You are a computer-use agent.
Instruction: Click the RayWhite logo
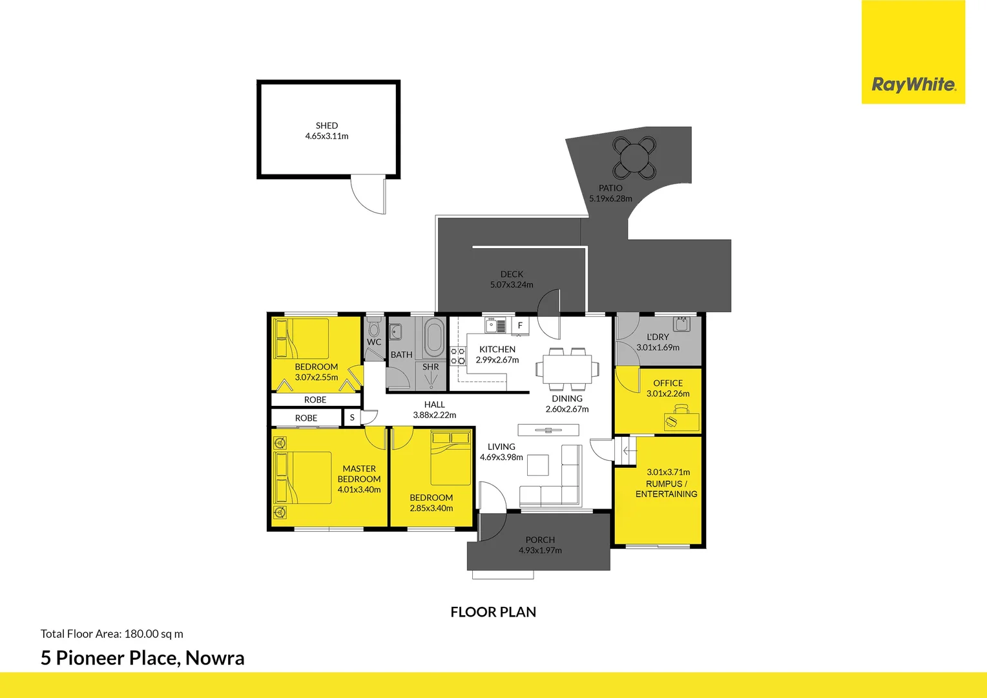pos(913,85)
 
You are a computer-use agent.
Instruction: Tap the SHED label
pos(327,125)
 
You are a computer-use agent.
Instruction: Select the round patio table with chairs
pos(634,157)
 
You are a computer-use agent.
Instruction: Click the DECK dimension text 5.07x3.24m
pos(512,285)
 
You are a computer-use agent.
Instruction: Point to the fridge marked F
pos(520,326)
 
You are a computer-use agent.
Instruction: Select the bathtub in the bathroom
pos(433,337)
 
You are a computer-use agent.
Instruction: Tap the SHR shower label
pos(431,367)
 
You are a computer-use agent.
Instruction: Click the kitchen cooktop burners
pos(457,356)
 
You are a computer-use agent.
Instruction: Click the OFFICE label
pos(668,383)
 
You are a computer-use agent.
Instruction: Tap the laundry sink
pos(681,323)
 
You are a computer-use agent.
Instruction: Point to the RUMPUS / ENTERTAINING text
pos(667,489)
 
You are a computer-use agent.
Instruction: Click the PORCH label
pos(540,540)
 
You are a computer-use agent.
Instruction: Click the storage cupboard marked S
pos(352,418)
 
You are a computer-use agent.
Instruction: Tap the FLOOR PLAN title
pos(493,612)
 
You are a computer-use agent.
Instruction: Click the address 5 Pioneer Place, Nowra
pos(143,658)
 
